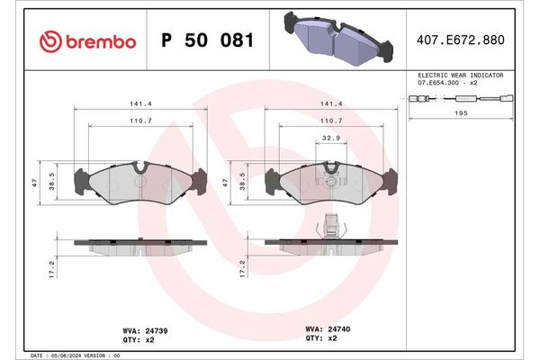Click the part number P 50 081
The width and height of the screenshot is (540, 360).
206,41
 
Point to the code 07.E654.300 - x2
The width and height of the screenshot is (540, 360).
446,84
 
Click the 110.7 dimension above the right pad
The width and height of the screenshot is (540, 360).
331,121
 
